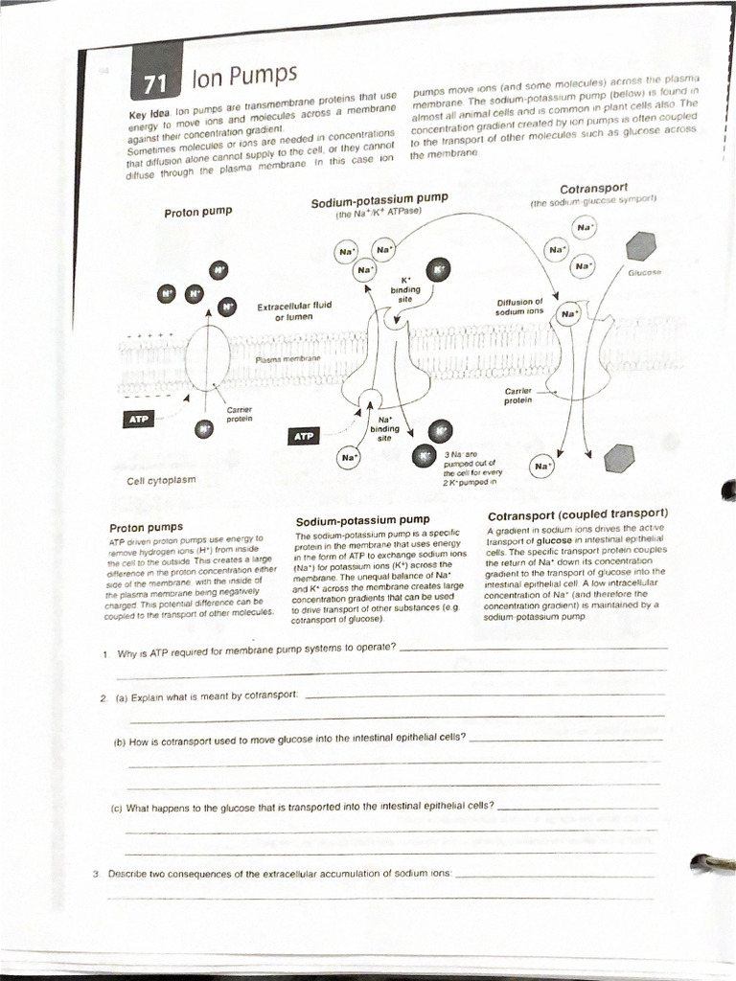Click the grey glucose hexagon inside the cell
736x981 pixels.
pyautogui.click(x=619, y=458)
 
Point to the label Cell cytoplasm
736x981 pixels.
pyautogui.click(x=161, y=480)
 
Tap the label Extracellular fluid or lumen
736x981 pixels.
pyautogui.click(x=294, y=310)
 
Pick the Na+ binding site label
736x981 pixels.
pyautogui.click(x=385, y=428)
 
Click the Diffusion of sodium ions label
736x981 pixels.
pyautogui.click(x=519, y=307)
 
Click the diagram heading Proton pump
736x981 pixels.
pyautogui.click(x=197, y=211)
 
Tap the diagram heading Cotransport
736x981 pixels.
pyautogui.click(x=593, y=188)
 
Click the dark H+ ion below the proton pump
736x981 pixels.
pyautogui.click(x=204, y=429)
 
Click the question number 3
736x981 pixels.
pyautogui.click(x=96, y=874)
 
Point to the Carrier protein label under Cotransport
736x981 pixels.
pyautogui.click(x=517, y=396)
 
